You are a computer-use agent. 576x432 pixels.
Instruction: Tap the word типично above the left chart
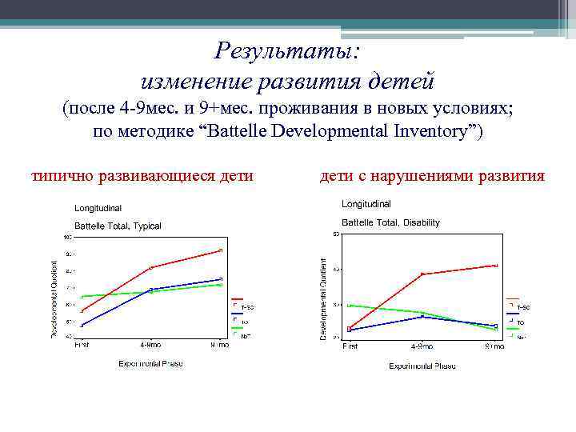click(66, 174)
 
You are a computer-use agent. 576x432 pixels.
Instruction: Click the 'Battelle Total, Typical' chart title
click(118, 226)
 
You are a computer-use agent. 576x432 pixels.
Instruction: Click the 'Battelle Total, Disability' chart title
click(390, 222)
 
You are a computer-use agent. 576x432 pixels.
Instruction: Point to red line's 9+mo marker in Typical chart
click(220, 250)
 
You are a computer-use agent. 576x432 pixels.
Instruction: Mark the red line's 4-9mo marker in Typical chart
click(151, 267)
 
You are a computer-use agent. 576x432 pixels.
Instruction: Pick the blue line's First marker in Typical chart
click(82, 325)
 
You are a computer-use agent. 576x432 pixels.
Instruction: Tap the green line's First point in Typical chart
click(82, 297)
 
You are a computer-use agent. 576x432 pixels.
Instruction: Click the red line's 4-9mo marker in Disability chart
click(422, 274)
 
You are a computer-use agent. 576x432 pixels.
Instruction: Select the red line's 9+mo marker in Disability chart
click(495, 266)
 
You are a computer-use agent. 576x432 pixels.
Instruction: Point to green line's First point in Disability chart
click(350, 305)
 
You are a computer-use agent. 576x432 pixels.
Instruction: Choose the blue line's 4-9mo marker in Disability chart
click(422, 318)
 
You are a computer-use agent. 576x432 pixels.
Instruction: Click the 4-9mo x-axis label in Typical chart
click(150, 346)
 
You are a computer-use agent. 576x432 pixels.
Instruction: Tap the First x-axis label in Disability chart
click(350, 346)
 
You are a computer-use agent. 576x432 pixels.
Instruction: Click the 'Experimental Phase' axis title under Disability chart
click(422, 366)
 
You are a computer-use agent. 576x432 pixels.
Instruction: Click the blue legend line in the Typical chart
click(237, 314)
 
